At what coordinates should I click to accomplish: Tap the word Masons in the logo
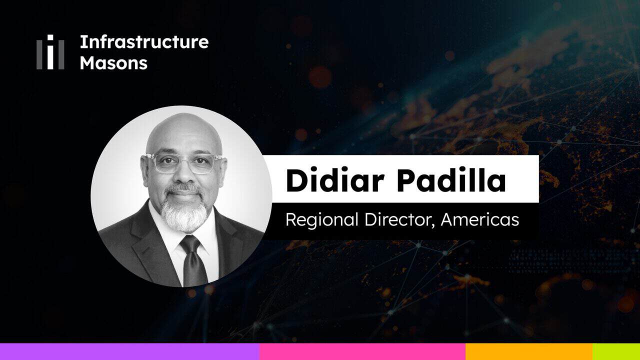pyautogui.click(x=113, y=63)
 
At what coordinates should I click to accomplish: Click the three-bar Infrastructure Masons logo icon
pyautogui.click(x=50, y=52)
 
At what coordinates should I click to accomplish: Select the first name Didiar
pyautogui.click(x=335, y=180)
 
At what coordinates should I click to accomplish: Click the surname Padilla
pyautogui.click(x=451, y=180)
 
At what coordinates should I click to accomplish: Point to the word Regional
pyautogui.click(x=322, y=220)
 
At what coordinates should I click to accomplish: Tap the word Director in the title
pyautogui.click(x=398, y=219)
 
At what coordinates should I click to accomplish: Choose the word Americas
pyautogui.click(x=480, y=219)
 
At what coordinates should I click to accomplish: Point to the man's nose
pyautogui.click(x=183, y=175)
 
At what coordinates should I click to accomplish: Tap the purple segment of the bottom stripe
pyautogui.click(x=129, y=351)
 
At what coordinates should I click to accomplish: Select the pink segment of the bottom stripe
pyautogui.click(x=362, y=351)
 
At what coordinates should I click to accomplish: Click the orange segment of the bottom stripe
pyautogui.click(x=529, y=351)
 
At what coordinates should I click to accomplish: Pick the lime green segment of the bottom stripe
pyautogui.click(x=616, y=351)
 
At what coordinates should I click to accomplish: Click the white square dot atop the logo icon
pyautogui.click(x=50, y=37)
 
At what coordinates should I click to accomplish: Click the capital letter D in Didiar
pyautogui.click(x=296, y=180)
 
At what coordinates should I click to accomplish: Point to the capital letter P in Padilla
pyautogui.click(x=407, y=180)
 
